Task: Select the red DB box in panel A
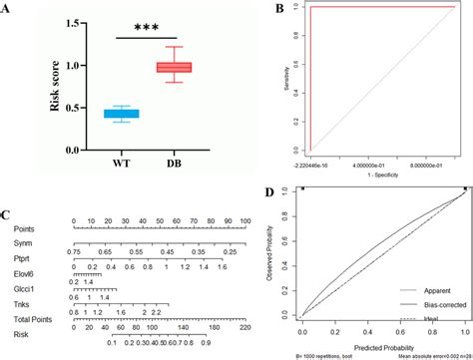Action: coord(175,67)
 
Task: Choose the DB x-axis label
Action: coord(176,165)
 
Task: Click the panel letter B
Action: coord(250,9)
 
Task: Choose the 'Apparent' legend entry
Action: coord(415,293)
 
